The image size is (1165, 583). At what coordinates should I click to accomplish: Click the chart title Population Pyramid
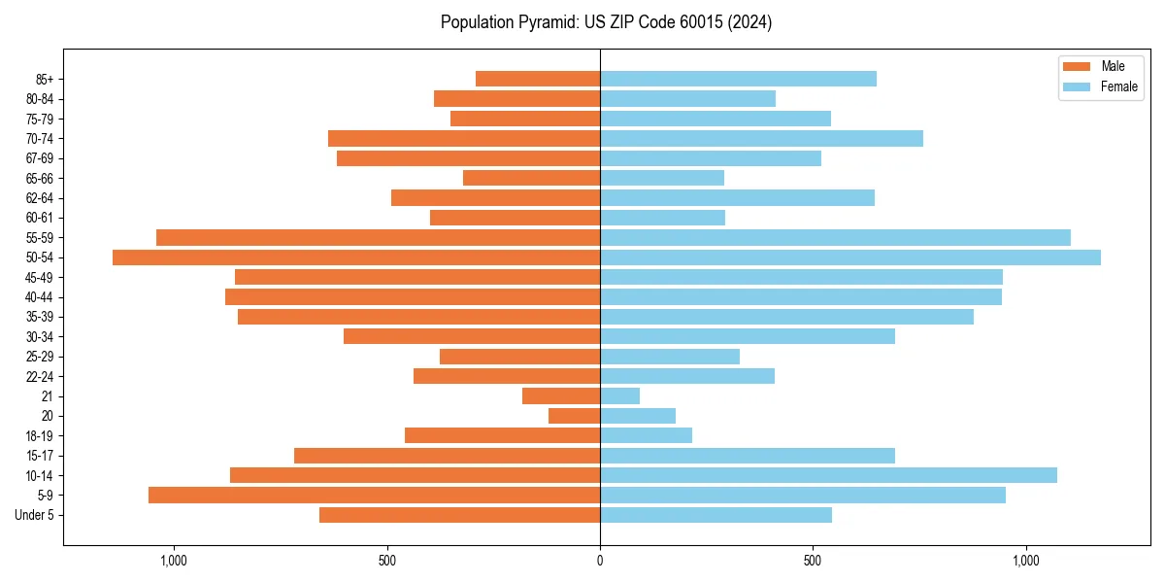606,22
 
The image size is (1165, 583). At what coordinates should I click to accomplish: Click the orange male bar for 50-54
356,257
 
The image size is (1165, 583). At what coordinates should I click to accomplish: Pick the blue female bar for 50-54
850,257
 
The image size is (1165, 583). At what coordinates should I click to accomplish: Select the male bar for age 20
575,416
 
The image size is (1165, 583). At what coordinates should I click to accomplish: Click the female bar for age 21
620,396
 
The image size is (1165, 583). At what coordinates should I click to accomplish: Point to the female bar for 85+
738,79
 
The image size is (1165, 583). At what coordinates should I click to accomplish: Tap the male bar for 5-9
374,496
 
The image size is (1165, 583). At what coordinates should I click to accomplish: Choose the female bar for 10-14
828,475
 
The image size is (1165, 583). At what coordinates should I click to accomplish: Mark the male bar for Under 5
459,515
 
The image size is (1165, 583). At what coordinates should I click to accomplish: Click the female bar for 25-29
670,357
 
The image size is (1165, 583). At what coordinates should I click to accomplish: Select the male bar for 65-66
532,178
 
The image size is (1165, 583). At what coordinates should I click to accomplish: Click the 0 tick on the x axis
600,561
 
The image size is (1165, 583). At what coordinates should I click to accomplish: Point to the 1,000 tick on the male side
173,561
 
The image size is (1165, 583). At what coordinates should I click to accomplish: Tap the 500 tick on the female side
813,561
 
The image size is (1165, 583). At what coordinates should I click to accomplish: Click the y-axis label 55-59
40,238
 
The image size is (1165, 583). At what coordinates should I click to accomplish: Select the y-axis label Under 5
35,515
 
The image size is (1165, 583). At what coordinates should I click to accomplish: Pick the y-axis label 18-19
40,436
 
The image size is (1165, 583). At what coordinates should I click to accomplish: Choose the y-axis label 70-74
40,139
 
